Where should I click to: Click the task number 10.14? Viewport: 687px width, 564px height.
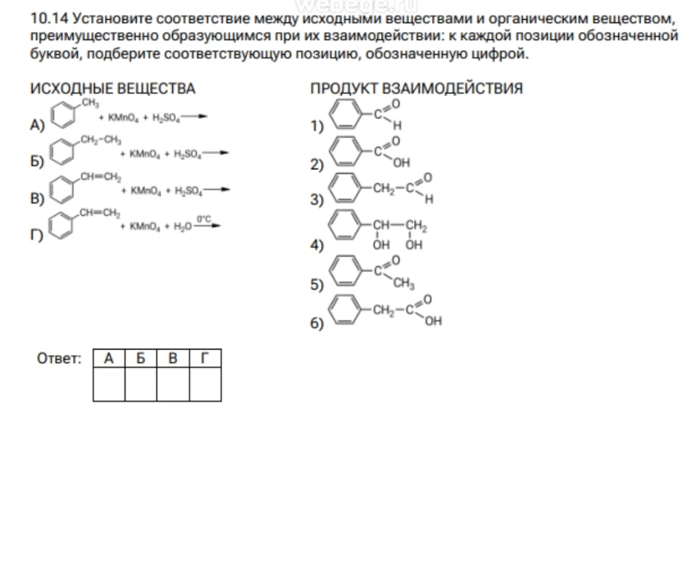click(x=49, y=18)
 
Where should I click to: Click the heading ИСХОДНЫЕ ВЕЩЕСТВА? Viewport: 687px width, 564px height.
click(x=112, y=89)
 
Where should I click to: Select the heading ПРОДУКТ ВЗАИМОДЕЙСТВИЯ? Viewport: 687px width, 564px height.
click(x=416, y=89)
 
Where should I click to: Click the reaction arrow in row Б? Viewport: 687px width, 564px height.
click(x=215, y=153)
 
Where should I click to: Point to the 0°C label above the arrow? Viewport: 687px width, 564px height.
click(x=204, y=219)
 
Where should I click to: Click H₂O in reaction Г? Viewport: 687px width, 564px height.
click(x=183, y=226)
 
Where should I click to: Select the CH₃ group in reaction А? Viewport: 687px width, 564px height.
click(x=90, y=103)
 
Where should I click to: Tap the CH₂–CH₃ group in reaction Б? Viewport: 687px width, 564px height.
click(x=101, y=140)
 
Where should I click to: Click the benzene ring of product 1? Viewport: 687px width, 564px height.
click(x=345, y=115)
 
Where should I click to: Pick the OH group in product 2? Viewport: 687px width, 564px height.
click(x=402, y=163)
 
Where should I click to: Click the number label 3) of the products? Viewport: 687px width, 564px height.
click(x=317, y=200)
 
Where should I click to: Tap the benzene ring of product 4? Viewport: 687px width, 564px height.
click(x=345, y=225)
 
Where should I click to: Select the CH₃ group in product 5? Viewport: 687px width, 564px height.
click(x=404, y=284)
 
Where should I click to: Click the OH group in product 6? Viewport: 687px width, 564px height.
click(x=433, y=322)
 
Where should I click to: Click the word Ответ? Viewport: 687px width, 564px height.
click(x=59, y=359)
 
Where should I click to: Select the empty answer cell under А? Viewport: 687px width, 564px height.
click(x=109, y=384)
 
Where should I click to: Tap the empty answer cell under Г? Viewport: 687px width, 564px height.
click(x=205, y=384)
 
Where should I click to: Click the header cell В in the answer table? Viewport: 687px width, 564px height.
click(x=173, y=359)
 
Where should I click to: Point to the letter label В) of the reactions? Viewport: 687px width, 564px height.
click(x=37, y=198)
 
